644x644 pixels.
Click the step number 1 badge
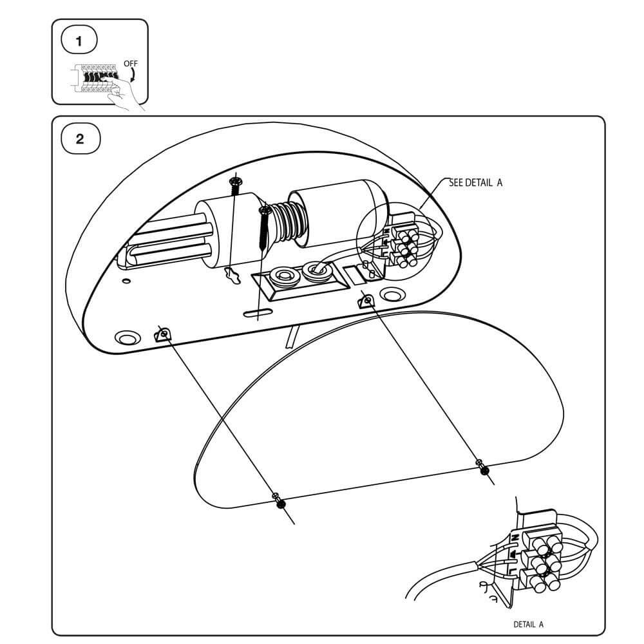point(79,41)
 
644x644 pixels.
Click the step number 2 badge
point(79,139)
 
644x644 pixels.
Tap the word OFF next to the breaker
point(130,63)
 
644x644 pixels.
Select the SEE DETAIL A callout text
point(475,183)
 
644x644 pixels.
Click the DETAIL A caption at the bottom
point(528,624)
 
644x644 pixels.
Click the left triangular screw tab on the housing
point(163,334)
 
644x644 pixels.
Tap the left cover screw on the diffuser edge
point(280,502)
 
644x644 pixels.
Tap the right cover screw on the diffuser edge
point(483,468)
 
